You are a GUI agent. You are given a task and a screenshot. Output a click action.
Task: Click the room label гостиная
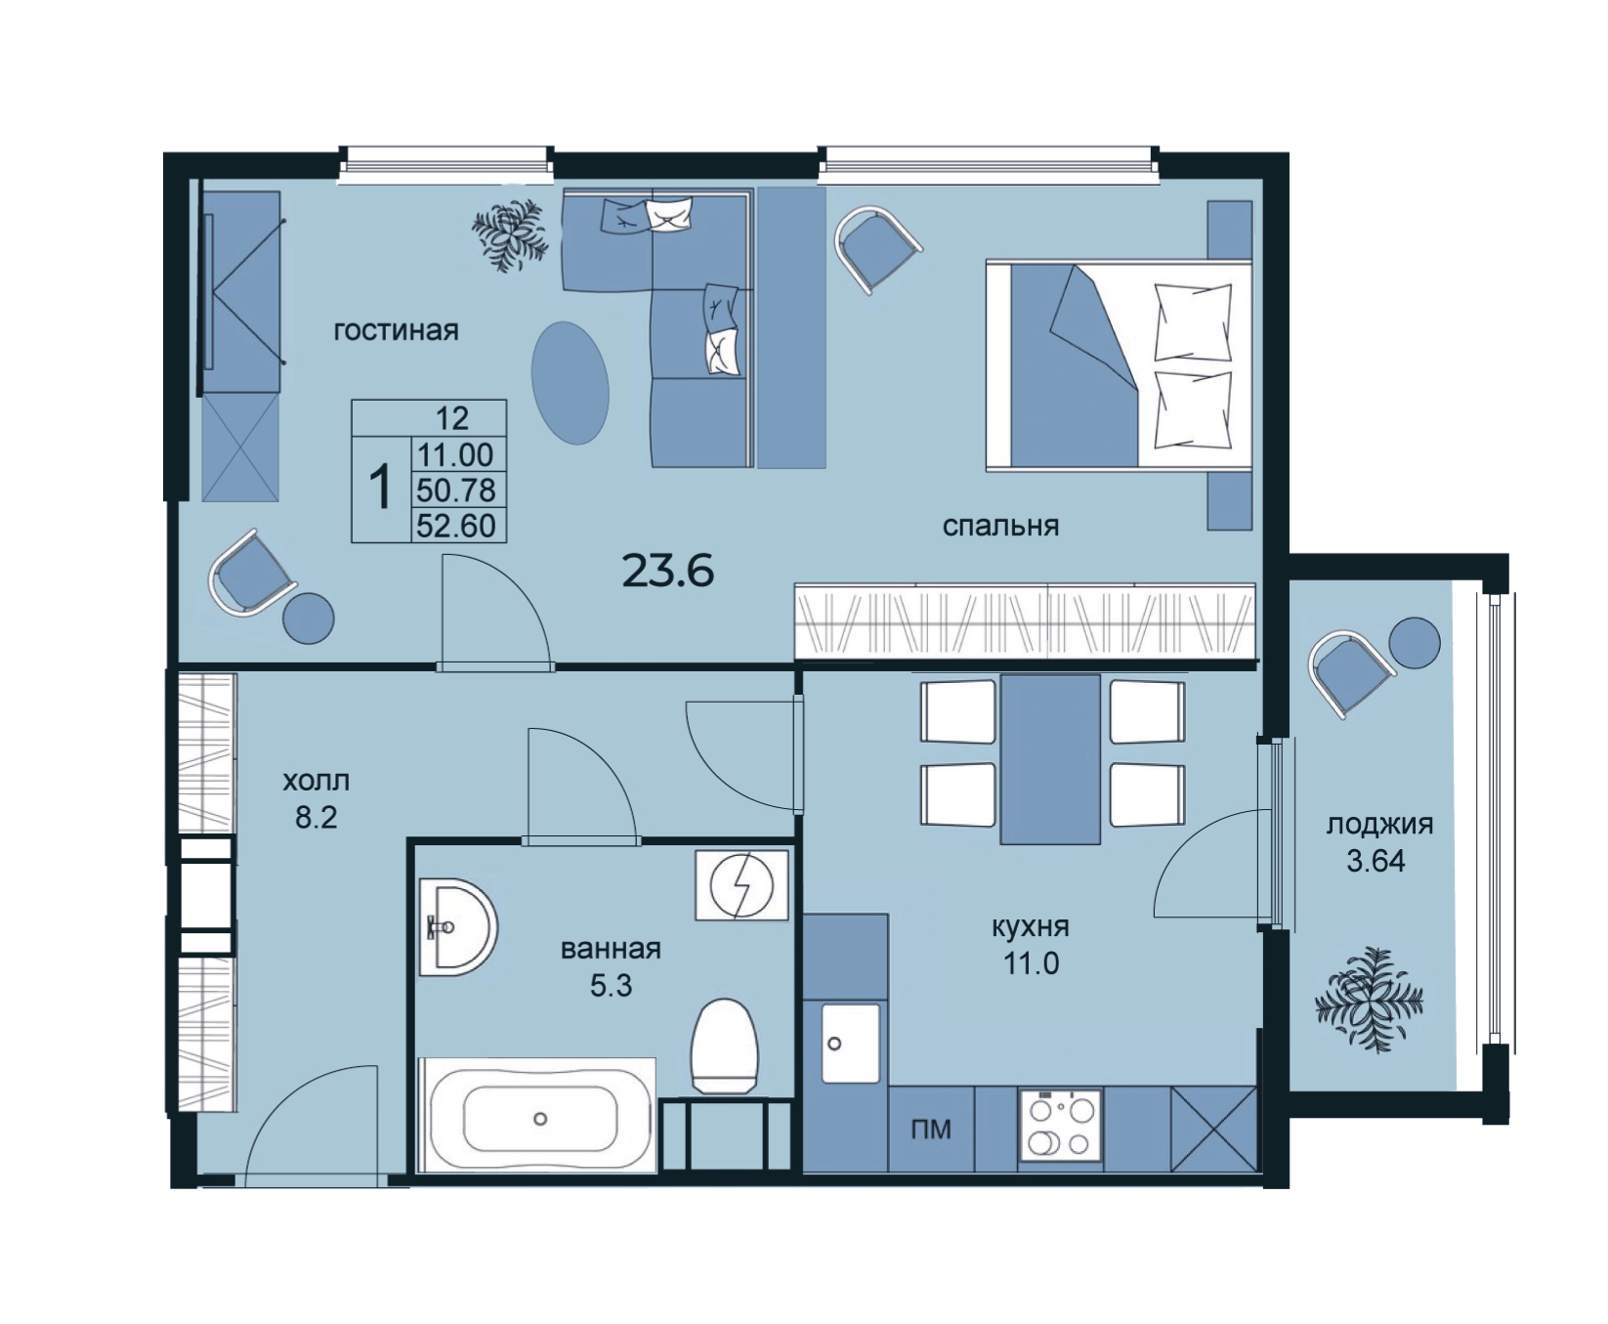396,330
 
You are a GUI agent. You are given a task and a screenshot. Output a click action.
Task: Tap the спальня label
1000,526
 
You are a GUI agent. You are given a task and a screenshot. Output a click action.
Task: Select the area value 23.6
668,571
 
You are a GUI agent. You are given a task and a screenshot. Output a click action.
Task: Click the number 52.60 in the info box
456,526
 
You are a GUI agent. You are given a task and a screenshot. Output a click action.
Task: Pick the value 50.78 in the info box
456,490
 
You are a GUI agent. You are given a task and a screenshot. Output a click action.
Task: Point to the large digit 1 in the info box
380,489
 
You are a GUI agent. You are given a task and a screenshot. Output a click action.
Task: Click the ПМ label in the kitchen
931,1130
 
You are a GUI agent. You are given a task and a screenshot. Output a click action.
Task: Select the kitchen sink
851,1043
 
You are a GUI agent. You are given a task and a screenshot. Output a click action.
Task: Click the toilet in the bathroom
724,1046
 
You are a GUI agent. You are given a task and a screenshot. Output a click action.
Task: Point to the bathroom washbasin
457,926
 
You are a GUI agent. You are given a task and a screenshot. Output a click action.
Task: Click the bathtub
538,1115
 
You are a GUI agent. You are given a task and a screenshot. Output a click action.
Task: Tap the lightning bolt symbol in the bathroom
741,884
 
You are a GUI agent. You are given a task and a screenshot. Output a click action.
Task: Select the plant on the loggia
1368,999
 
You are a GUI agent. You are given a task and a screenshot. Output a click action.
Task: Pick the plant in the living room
508,235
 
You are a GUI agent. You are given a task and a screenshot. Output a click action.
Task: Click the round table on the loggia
1415,643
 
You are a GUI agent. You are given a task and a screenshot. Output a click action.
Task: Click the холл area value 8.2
316,817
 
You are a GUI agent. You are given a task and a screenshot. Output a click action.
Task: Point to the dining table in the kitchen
1050,758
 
